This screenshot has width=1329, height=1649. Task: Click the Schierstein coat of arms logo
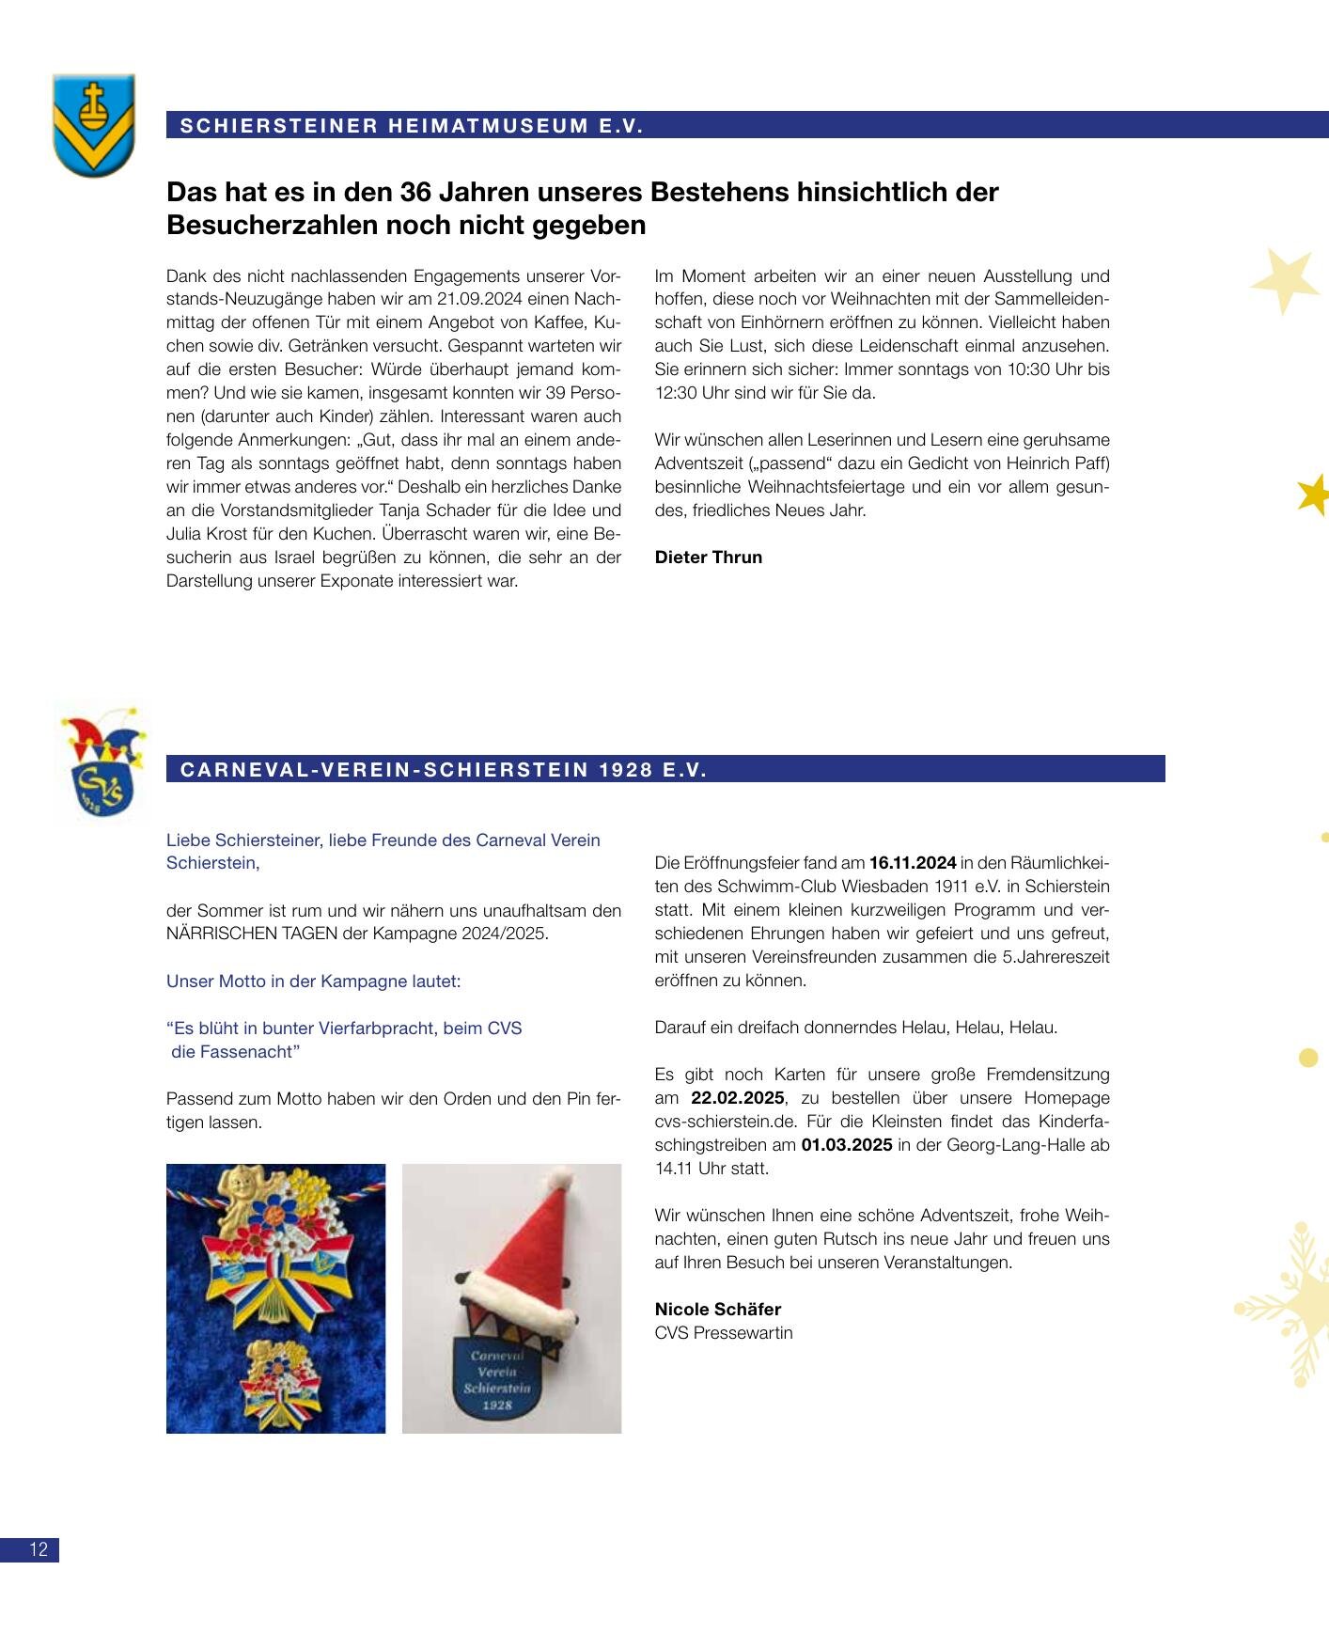[93, 125]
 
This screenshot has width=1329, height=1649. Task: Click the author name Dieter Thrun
[708, 558]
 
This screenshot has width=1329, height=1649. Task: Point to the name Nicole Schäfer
[717, 1310]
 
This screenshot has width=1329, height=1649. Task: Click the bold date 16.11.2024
[913, 863]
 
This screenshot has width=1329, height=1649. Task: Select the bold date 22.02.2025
[737, 1098]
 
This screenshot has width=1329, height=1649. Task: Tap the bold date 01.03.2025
[846, 1145]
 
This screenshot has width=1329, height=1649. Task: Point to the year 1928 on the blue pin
[497, 1406]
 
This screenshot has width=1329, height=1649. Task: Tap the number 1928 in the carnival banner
[626, 770]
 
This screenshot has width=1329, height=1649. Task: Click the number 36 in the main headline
[418, 192]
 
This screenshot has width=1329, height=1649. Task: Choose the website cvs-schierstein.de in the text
[726, 1122]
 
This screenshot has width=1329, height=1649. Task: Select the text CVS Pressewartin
[723, 1333]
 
